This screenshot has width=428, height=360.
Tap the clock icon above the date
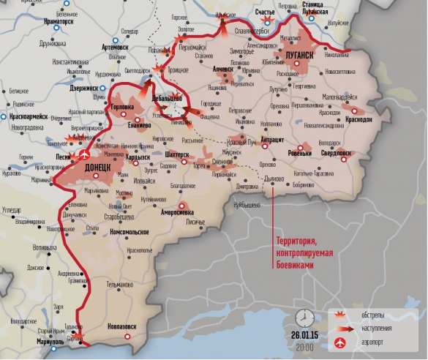click(x=305, y=317)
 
